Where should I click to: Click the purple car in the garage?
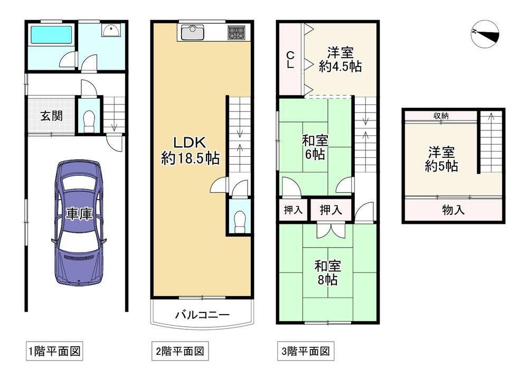(79, 223)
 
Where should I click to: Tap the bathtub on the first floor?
(52, 35)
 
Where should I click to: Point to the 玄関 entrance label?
(52, 116)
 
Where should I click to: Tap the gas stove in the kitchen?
(237, 33)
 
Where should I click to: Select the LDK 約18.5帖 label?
(190, 150)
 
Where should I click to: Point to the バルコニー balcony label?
(202, 315)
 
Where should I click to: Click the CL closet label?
(290, 60)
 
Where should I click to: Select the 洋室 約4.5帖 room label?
(341, 60)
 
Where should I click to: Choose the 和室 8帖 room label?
(328, 272)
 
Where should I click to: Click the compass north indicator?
(485, 34)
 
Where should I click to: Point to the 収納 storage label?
(441, 116)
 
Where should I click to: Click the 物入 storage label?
(453, 210)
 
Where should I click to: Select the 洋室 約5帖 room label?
(441, 159)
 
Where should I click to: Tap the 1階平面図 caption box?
(54, 352)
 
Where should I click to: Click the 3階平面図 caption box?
(306, 352)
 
